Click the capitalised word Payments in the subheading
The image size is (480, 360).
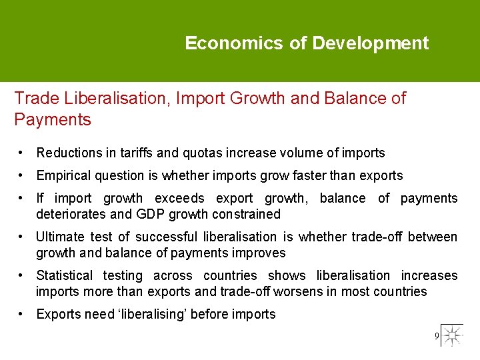coord(53,120)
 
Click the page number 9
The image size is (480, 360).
coord(437,335)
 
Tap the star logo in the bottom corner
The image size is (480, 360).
coord(453,335)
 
